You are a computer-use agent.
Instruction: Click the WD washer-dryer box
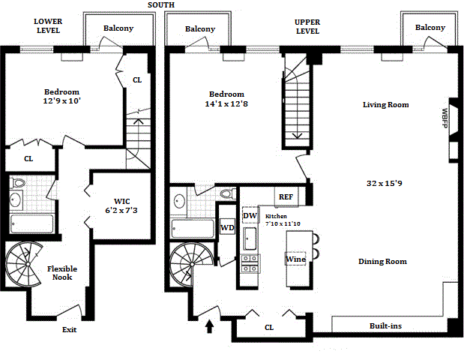pos(228,227)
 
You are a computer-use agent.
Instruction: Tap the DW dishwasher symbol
pos(250,215)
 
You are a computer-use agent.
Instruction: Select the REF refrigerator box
pos(286,196)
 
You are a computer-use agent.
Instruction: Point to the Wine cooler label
pos(295,259)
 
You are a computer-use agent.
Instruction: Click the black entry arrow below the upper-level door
pos(209,326)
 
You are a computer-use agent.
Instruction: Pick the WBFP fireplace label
pos(445,118)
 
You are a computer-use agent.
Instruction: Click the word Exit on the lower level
pos(69,329)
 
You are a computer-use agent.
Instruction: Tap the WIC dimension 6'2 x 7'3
pos(121,211)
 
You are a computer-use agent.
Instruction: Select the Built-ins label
pos(385,326)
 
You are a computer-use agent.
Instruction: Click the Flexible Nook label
pos(62,273)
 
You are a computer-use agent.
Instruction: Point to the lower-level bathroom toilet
pos(16,183)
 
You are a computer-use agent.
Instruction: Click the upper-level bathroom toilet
pos(229,194)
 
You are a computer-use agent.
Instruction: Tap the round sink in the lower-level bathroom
pos(16,199)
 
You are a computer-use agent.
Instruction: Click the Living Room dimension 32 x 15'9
pos(384,183)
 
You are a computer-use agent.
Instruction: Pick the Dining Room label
pos(382,262)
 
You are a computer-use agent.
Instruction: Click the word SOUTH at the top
pos(161,5)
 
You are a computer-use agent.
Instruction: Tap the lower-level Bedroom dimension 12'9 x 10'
pos(62,101)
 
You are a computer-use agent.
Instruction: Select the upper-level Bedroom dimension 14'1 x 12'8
pos(226,104)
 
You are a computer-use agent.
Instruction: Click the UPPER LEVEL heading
pos(307,27)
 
